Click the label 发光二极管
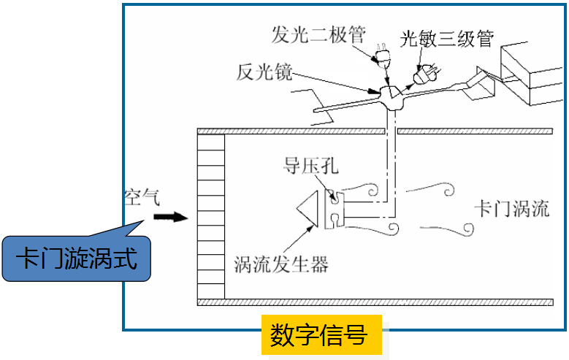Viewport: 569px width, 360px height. click(318, 35)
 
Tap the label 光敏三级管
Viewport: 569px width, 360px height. click(447, 39)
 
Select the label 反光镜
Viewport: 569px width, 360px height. click(264, 72)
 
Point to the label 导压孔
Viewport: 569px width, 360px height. click(311, 166)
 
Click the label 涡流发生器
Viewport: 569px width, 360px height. click(281, 264)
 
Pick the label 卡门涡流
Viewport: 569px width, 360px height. click(512, 208)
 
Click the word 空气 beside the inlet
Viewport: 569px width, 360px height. click(142, 197)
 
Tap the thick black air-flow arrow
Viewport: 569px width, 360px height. click(171, 218)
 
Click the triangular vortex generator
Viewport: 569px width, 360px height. click(308, 209)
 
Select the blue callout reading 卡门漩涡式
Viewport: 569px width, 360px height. click(76, 258)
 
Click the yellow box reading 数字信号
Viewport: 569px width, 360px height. click(321, 334)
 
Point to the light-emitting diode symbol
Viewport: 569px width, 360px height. click(382, 55)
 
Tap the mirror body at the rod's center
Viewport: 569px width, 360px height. click(392, 98)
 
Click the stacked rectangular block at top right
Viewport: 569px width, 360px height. click(532, 74)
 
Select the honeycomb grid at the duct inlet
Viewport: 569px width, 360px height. click(211, 216)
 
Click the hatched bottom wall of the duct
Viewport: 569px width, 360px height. click(375, 302)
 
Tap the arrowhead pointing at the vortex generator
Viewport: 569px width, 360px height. click(310, 229)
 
